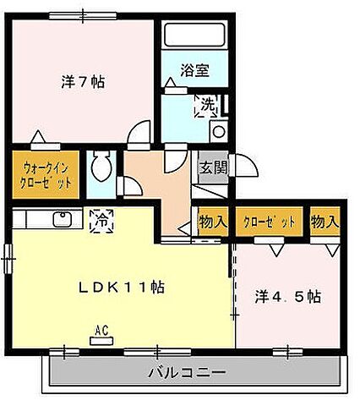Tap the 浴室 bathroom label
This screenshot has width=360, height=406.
pos(195,70)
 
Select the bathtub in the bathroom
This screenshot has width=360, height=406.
pos(194,36)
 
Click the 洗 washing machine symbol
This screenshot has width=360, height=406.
pos(205,106)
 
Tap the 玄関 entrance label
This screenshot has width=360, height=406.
pos(213,167)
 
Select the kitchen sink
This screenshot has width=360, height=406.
pos(62,220)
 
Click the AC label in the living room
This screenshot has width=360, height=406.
pos(100,331)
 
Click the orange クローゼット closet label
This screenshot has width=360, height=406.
pos(270,222)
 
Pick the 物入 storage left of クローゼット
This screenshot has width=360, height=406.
pos(213,222)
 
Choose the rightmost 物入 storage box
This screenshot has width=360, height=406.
pos(325,222)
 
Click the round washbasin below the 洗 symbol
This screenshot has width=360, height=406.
pos(218,131)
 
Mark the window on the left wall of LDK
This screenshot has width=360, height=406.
pos(9,254)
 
